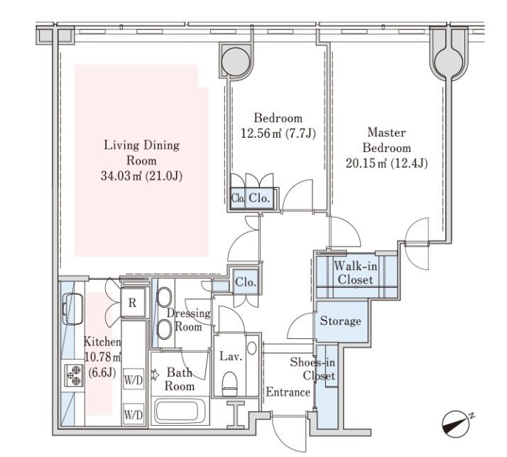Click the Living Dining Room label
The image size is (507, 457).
point(141,152)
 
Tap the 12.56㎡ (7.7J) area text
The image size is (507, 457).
point(278,133)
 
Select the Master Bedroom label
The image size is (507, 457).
point(387,140)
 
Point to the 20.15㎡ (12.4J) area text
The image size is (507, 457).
point(387,163)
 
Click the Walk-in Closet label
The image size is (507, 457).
point(355,272)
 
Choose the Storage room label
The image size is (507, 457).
point(340,321)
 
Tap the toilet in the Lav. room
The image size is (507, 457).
point(230,384)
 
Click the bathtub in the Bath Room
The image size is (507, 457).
point(180,412)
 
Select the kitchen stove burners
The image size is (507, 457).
point(74,375)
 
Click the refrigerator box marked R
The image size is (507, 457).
point(132,303)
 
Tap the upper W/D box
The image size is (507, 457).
point(133,380)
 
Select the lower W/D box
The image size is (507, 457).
point(133,414)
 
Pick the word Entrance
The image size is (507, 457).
point(288,392)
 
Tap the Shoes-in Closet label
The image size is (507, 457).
point(312,369)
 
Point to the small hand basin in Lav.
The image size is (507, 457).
point(251,348)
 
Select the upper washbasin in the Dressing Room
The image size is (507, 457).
point(164,295)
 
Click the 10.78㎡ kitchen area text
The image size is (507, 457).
point(103,357)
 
